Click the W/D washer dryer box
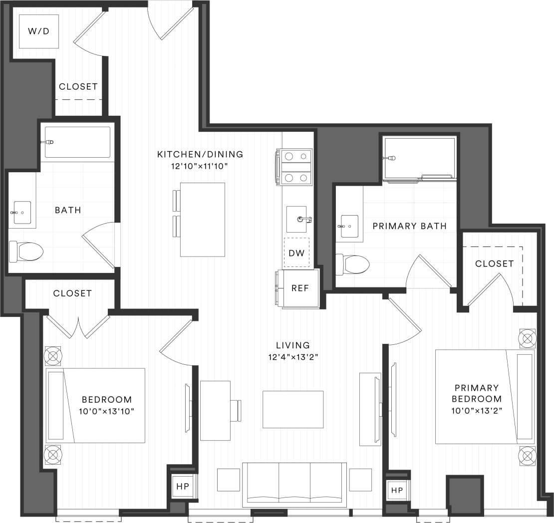[38, 31]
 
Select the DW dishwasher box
[296, 253]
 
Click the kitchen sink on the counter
[297, 219]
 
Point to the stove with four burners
[296, 167]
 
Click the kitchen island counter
[202, 220]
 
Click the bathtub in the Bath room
[77, 142]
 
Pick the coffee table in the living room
[293, 409]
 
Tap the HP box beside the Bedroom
[182, 486]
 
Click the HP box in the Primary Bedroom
[397, 490]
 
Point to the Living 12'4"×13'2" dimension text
[293, 357]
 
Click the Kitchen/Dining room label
[200, 154]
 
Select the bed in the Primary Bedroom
[484, 397]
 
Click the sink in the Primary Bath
[349, 226]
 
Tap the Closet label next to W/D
[78, 86]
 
